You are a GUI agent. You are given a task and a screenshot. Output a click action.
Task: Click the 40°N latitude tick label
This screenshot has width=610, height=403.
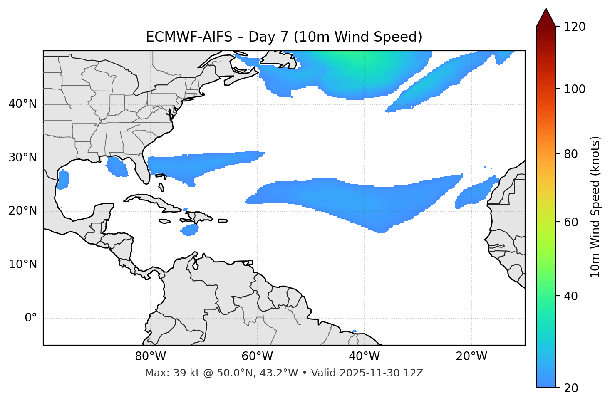[22, 104]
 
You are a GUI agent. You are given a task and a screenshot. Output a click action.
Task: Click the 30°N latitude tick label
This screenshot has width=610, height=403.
[22, 158]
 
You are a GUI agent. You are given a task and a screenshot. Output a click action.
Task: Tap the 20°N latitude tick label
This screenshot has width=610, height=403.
[22, 211]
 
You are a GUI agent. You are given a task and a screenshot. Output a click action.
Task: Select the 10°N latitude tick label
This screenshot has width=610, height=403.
[22, 265]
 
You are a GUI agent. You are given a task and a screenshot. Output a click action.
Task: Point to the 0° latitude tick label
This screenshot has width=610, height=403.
[31, 318]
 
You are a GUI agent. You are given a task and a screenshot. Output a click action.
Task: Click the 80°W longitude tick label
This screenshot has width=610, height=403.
[150, 356]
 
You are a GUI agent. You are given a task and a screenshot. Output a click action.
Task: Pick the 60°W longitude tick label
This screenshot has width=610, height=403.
[257, 356]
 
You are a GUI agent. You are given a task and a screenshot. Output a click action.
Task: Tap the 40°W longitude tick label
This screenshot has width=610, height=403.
[364, 356]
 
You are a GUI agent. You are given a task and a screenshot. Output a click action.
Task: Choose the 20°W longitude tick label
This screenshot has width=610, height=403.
[471, 356]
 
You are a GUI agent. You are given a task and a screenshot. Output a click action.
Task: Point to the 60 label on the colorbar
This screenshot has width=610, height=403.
[571, 222]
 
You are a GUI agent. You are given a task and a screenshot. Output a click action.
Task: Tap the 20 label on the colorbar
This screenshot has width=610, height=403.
[571, 388]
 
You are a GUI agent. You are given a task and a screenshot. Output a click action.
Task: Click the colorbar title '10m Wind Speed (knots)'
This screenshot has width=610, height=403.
[595, 207]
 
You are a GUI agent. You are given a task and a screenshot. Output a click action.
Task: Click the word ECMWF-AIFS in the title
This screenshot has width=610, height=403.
[188, 37]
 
